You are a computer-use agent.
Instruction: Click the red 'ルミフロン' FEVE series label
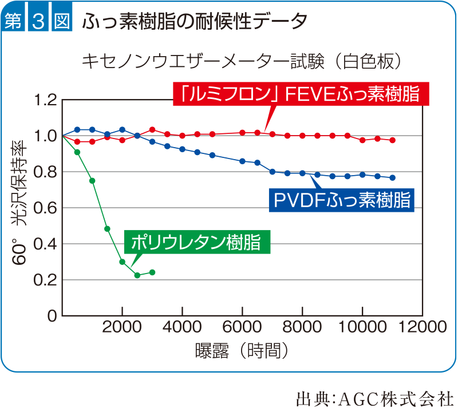301,94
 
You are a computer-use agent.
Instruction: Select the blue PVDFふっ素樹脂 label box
341,200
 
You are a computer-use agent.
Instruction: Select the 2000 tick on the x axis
122,327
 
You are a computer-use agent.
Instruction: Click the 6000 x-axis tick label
242,327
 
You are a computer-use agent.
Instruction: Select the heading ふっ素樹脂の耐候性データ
195,21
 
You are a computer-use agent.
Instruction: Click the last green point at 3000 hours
152,272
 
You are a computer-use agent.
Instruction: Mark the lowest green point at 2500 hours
137,275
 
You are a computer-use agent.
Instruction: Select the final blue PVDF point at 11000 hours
392,177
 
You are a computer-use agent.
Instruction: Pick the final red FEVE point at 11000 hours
392,140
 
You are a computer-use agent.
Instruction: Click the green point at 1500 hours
107,229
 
